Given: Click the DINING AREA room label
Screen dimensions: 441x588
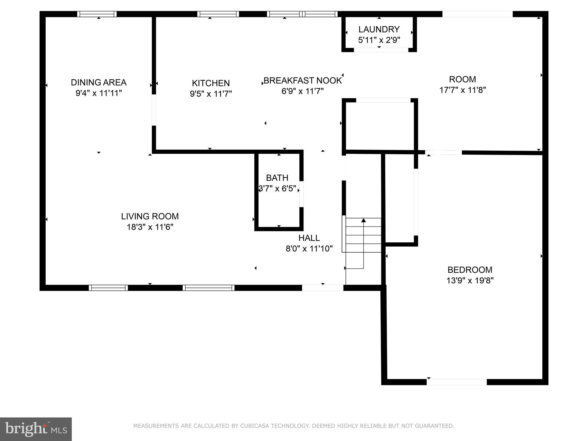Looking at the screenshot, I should pyautogui.click(x=98, y=82).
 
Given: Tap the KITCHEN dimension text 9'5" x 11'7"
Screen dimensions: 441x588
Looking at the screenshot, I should pyautogui.click(x=211, y=94).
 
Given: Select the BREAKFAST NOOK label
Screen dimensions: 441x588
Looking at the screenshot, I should pyautogui.click(x=303, y=80).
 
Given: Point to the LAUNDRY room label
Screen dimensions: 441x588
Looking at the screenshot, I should pyautogui.click(x=379, y=29).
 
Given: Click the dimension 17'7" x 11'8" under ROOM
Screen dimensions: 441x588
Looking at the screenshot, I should pyautogui.click(x=463, y=90).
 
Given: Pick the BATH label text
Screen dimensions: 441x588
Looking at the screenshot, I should pyautogui.click(x=277, y=178).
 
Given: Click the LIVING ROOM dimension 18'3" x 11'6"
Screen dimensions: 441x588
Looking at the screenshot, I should pyautogui.click(x=150, y=227).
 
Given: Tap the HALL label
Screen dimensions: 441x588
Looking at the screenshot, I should pyautogui.click(x=309, y=238).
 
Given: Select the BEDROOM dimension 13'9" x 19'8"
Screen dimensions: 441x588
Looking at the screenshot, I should pyautogui.click(x=470, y=281).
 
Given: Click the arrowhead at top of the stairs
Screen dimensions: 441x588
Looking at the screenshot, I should pyautogui.click(x=363, y=220).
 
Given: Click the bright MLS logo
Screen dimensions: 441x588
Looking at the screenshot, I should pyautogui.click(x=36, y=429).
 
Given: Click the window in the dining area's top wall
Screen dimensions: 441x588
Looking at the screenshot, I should pyautogui.click(x=97, y=14).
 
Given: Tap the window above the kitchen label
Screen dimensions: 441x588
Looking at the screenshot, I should pyautogui.click(x=218, y=14).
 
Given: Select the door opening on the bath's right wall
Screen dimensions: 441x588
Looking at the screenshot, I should pyautogui.click(x=301, y=194).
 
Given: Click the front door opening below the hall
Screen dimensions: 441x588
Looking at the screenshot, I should pyautogui.click(x=322, y=288).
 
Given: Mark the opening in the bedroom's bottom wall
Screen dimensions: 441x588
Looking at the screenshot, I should pyautogui.click(x=457, y=382).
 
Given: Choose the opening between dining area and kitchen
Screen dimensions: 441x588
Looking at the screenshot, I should pyautogui.click(x=154, y=110).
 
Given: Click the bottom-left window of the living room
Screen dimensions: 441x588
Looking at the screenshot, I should pyautogui.click(x=108, y=288).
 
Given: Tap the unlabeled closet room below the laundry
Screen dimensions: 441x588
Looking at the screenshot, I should pyautogui.click(x=380, y=125).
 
